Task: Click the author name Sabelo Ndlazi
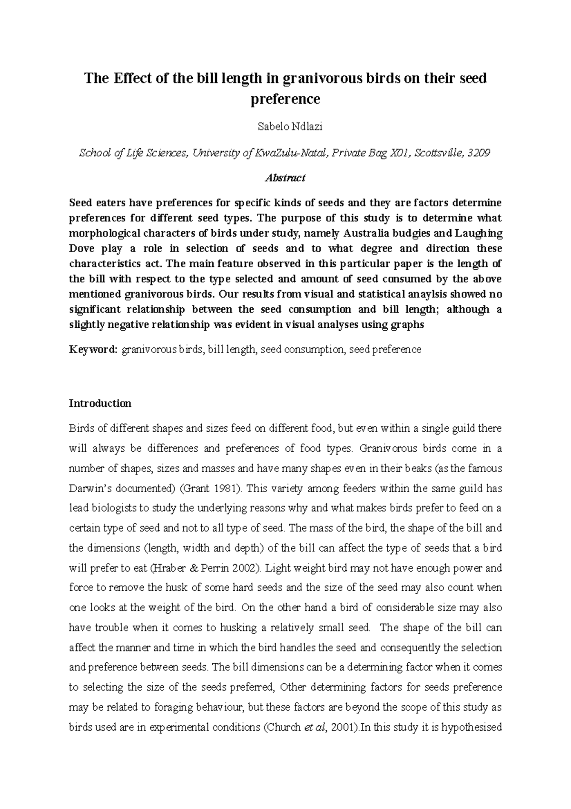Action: [x=285, y=127]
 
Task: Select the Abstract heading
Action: [x=285, y=178]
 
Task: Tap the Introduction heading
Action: [x=100, y=403]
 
